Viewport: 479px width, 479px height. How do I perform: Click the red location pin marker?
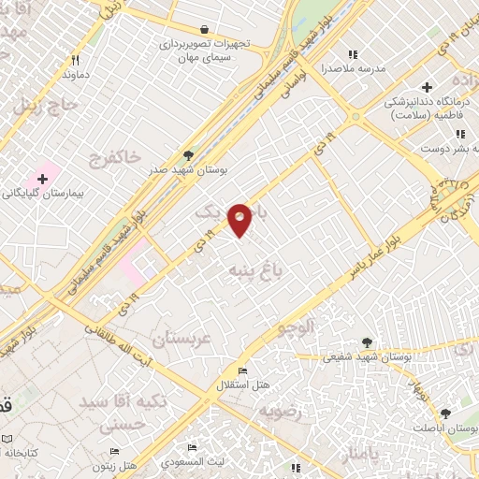(239, 219)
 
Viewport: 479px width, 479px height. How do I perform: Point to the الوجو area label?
(300, 328)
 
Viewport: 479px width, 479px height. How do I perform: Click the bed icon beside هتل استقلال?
(244, 371)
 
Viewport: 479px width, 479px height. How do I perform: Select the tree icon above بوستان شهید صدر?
(188, 156)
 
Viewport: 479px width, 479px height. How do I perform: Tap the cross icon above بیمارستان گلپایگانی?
(42, 178)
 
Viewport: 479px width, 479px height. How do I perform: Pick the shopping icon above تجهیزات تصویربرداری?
(204, 29)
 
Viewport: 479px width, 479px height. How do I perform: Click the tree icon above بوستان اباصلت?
(444, 413)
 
